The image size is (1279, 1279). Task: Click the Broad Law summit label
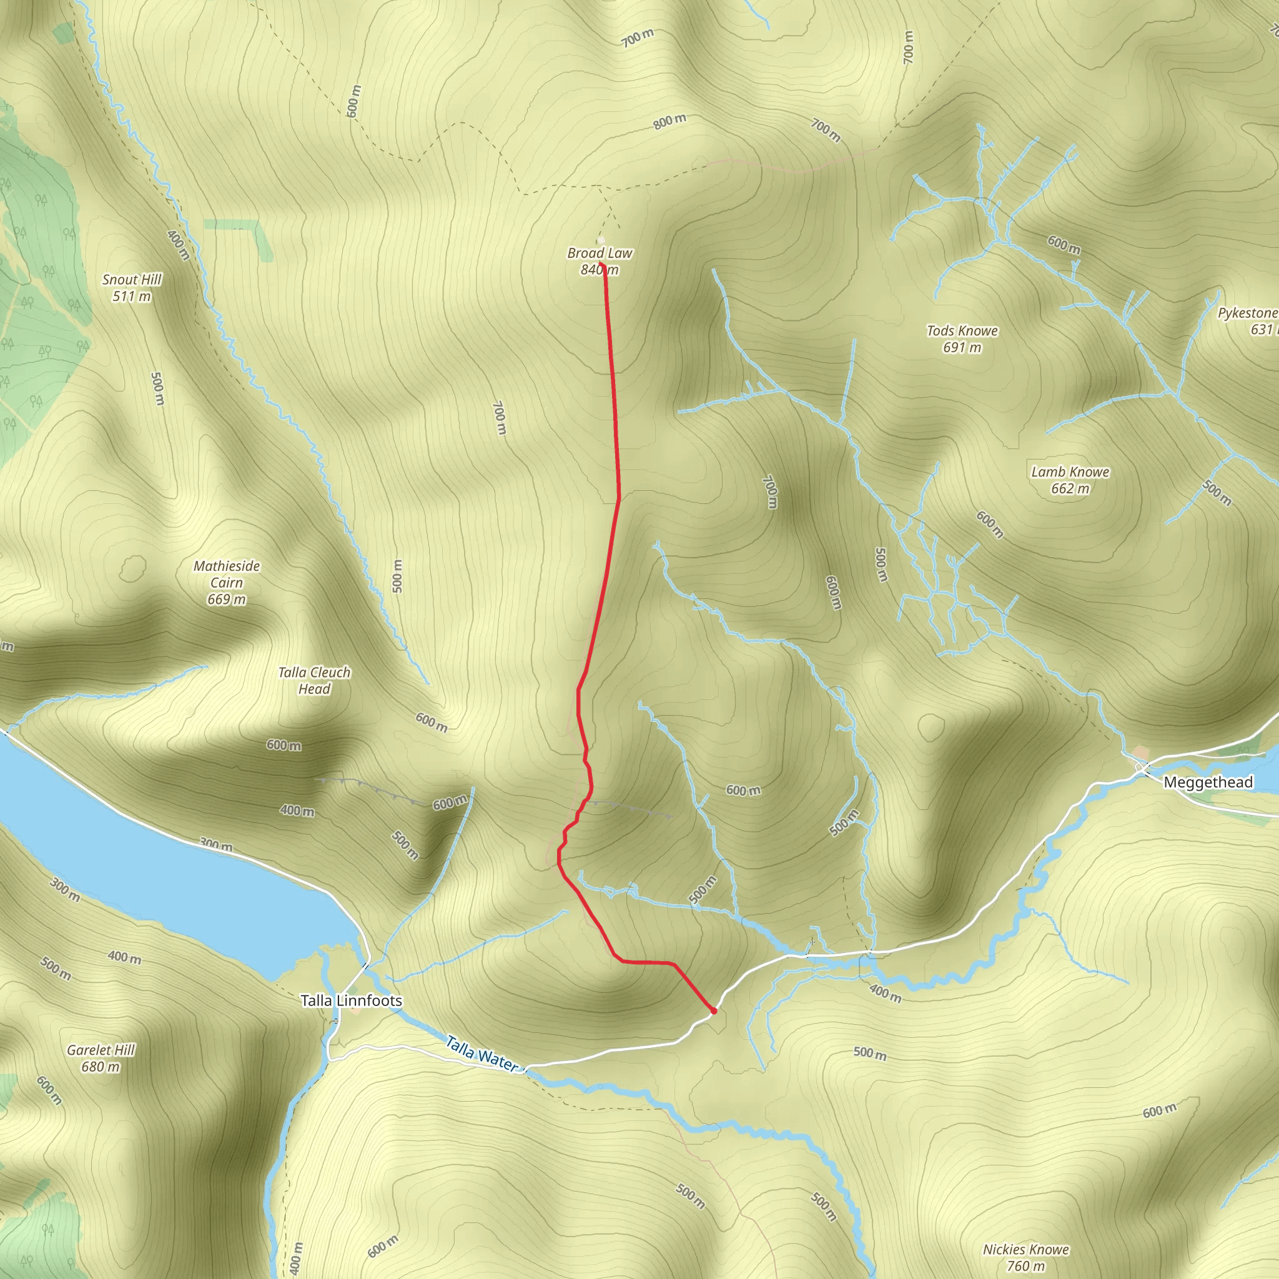coord(600,253)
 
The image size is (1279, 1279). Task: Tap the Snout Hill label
coord(132,279)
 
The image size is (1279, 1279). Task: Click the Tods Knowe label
coord(962,330)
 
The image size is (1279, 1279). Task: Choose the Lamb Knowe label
coord(1070,472)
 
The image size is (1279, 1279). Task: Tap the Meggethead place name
coord(1208,782)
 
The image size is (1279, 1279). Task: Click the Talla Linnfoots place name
coord(351,1000)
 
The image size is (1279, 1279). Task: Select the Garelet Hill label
coord(101,1050)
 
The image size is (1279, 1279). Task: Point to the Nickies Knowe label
coord(1025,1249)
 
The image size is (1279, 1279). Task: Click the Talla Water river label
coord(481,1054)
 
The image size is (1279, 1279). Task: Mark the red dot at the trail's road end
coord(713,1011)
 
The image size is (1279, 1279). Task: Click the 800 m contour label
coord(669,122)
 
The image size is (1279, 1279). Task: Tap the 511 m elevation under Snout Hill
coord(132,296)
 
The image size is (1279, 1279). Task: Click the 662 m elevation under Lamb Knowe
coord(1070,488)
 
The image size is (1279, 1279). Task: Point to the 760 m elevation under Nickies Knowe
coord(1025,1266)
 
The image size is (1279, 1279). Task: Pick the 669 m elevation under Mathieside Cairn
coord(227,599)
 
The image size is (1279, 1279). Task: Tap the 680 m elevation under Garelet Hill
coord(101,1067)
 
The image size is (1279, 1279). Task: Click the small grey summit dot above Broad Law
coord(600,241)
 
